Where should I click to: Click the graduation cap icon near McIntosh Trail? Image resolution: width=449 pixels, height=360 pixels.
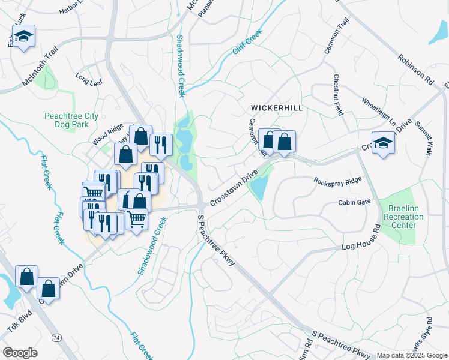23,38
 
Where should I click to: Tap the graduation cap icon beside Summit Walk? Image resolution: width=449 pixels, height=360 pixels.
383,144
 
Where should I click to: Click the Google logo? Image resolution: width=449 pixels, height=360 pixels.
20,353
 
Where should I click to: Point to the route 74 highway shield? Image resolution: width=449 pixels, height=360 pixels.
56,338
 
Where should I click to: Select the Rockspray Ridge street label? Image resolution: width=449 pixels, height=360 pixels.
337,181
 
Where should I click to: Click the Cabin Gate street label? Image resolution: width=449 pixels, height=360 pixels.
355,203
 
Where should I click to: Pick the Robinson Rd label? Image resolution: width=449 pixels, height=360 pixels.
415,68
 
